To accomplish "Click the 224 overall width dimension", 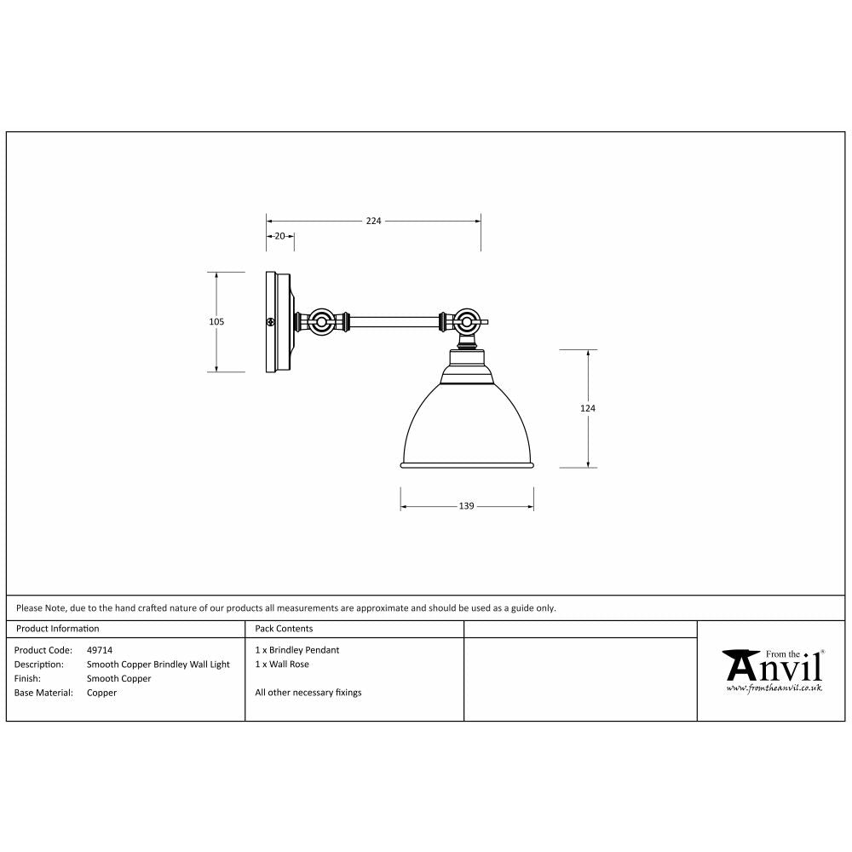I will tap(373, 221).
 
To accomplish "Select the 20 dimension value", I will tap(279, 236).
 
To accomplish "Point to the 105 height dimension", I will tap(216, 322).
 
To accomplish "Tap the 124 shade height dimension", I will tap(587, 408).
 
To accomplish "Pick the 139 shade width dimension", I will tap(466, 506).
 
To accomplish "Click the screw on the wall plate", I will tap(270, 323).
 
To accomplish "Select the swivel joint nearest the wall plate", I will tap(322, 323).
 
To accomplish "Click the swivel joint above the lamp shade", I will tap(465, 323).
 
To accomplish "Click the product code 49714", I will tap(100, 650).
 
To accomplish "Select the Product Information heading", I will tap(58, 629).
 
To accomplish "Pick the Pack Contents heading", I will tap(284, 629).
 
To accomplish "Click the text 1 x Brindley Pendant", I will tap(296, 650).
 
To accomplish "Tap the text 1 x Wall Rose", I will tap(282, 664).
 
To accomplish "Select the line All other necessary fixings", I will tap(308, 693).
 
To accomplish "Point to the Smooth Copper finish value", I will tap(118, 679).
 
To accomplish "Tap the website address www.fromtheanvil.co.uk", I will tap(774, 687).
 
